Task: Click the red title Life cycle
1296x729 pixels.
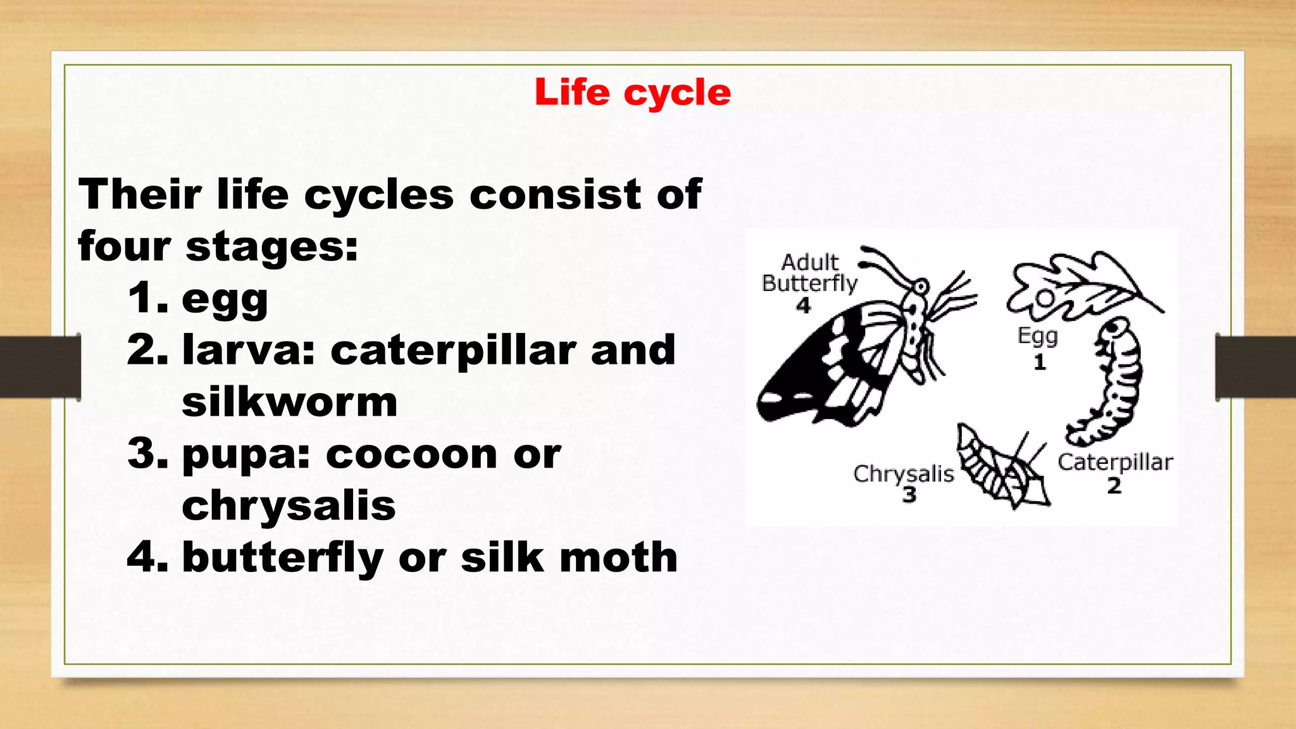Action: pyautogui.click(x=632, y=92)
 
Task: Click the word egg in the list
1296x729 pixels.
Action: pyautogui.click(x=225, y=299)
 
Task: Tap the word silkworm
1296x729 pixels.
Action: pyautogui.click(x=289, y=402)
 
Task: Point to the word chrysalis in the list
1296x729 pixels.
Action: pyautogui.click(x=289, y=506)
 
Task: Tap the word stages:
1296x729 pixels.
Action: pyautogui.click(x=271, y=246)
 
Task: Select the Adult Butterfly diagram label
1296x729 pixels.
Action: pyautogui.click(x=809, y=273)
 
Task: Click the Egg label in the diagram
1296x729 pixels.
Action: pyautogui.click(x=1037, y=335)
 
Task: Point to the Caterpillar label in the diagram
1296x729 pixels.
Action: pyautogui.click(x=1115, y=463)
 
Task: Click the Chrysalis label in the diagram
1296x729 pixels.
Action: pyautogui.click(x=903, y=473)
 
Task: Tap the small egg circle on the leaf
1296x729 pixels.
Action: pyautogui.click(x=1045, y=297)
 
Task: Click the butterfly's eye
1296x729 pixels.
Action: pyautogui.click(x=920, y=288)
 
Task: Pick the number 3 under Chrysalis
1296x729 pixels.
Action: pyautogui.click(x=909, y=494)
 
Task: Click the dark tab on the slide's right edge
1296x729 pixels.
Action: pyautogui.click(x=1255, y=367)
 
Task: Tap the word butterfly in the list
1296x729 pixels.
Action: pyautogui.click(x=282, y=558)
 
